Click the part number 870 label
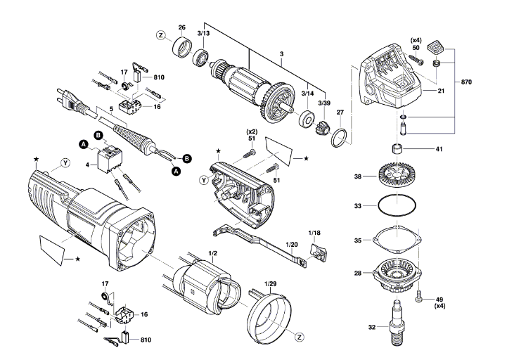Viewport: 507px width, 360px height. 466,82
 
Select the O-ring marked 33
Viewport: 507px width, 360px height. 397,205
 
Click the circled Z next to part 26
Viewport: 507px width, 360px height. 161,35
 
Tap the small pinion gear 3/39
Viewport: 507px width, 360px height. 321,127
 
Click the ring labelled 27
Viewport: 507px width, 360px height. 339,138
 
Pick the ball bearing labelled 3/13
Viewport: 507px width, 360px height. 202,58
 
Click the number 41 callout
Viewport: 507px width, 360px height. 439,149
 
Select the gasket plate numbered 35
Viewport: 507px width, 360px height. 397,240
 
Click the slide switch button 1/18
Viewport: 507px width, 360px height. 318,251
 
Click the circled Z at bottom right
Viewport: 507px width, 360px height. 300,337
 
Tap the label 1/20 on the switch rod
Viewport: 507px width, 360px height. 292,245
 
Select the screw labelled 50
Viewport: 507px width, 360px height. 416,60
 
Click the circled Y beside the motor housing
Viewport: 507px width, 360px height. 65,163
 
